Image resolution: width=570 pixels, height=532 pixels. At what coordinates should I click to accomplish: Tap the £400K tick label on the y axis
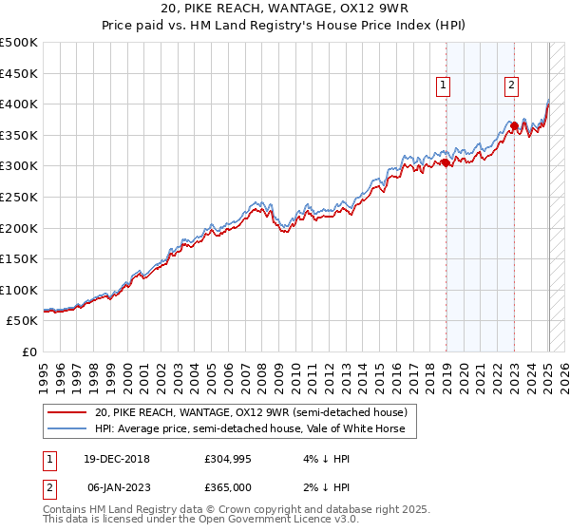click(19, 104)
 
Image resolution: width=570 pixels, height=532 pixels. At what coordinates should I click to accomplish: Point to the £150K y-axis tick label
click(19, 258)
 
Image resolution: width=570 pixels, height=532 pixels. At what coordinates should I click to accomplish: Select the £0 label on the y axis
click(30, 351)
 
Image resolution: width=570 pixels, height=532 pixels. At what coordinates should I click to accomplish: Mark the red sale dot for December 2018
click(446, 162)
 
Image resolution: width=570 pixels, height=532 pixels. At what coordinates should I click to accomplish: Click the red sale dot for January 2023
click(514, 125)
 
